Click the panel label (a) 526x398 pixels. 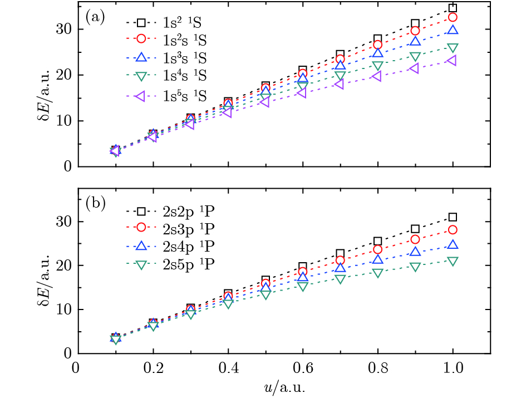(x=95, y=16)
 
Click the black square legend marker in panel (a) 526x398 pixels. (x=141, y=23)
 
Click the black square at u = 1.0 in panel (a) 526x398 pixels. (x=453, y=8)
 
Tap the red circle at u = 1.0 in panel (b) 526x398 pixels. (x=453, y=230)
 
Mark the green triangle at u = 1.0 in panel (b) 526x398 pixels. (x=453, y=261)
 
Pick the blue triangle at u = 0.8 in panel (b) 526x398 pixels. (x=378, y=259)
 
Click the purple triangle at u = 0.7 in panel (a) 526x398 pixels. (x=340, y=84)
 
